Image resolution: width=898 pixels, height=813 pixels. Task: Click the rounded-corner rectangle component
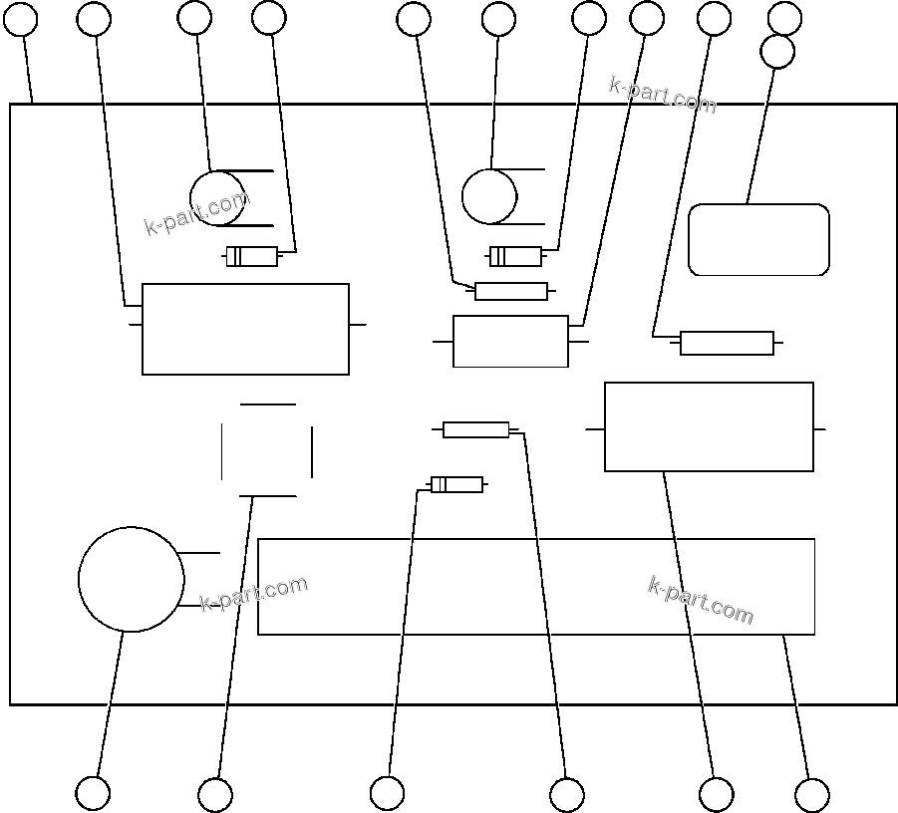coord(758,239)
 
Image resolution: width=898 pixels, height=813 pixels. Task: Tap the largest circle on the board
coord(131,580)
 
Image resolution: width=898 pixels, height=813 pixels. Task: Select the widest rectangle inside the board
coord(536,587)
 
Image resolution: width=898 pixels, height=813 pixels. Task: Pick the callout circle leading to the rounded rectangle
coord(777,52)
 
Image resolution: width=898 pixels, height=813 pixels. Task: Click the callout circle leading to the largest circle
coord(93,794)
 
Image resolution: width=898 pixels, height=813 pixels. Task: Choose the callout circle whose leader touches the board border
coord(21,19)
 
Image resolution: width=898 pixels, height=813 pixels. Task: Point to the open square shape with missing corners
coord(267,450)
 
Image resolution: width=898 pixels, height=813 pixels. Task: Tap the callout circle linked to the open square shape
coord(215,795)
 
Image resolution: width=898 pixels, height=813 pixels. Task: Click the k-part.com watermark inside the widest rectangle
coord(701,600)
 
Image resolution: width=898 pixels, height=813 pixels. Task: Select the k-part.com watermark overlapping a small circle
coord(197,213)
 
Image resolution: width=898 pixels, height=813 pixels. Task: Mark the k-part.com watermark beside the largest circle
coord(254,594)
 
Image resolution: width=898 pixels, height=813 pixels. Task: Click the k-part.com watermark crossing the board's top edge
coord(662,94)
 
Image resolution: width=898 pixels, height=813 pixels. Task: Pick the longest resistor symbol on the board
coord(727,343)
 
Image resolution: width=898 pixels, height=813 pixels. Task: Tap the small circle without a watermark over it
coord(489,196)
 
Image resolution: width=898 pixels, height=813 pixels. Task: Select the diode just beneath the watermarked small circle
coord(252,257)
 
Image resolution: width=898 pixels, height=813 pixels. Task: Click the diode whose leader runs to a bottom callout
coord(456,485)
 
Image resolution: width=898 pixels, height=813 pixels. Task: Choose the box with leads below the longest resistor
coord(709,426)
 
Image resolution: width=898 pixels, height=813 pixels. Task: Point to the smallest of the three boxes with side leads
coord(510,342)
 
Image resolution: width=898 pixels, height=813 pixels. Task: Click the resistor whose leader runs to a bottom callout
coord(476,429)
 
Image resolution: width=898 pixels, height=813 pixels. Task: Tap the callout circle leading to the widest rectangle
coord(812,795)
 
